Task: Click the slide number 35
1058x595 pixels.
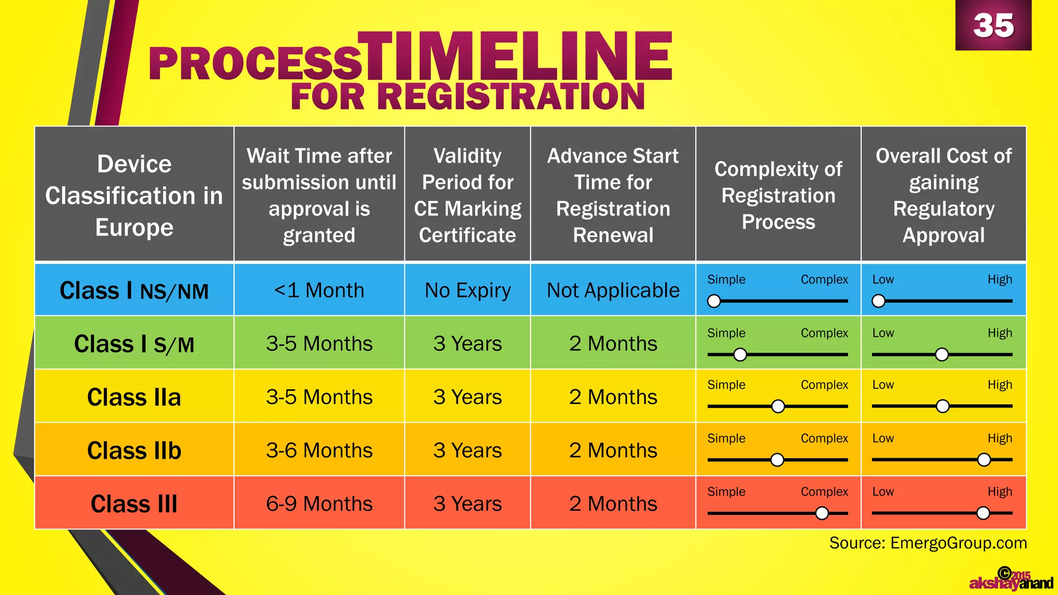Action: click(x=993, y=25)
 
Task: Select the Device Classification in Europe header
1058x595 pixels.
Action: click(x=134, y=195)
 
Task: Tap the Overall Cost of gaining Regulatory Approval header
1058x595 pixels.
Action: click(x=943, y=195)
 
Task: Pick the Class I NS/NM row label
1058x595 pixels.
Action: click(x=134, y=291)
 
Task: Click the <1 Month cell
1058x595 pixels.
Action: click(x=319, y=290)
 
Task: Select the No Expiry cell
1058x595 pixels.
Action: click(x=468, y=290)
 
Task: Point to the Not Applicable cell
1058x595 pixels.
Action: click(x=613, y=290)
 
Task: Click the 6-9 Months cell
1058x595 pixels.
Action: click(x=319, y=504)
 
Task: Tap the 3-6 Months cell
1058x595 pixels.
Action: click(x=319, y=450)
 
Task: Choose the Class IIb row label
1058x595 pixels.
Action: click(x=134, y=450)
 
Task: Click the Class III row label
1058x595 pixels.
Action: click(x=134, y=504)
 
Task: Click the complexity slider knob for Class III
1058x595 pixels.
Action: click(x=821, y=513)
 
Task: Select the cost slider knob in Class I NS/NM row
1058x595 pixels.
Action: click(x=878, y=301)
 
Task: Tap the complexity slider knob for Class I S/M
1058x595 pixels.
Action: click(x=740, y=354)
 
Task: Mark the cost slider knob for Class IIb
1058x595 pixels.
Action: click(x=984, y=460)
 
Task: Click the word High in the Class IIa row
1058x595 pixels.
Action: click(x=1000, y=385)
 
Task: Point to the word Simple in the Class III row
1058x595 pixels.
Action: click(x=726, y=492)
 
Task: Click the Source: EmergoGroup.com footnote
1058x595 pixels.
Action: click(x=928, y=543)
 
